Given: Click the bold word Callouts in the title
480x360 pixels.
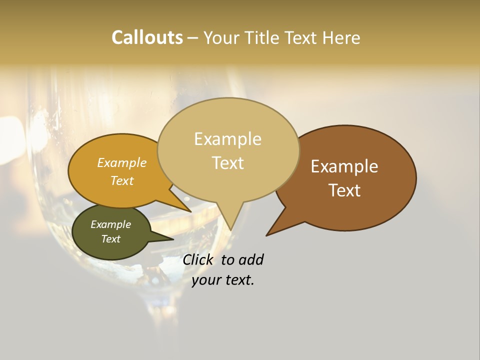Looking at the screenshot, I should [x=147, y=37].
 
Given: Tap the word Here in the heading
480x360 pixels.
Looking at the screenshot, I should [x=342, y=38].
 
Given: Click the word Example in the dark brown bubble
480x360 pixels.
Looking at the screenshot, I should [x=344, y=166].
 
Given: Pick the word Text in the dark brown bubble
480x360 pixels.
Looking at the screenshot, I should [x=345, y=190].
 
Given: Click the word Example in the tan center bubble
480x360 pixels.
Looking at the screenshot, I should [x=227, y=139].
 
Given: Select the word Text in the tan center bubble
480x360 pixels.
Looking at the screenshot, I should [x=228, y=163].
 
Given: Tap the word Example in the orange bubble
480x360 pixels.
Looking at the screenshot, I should [x=122, y=162].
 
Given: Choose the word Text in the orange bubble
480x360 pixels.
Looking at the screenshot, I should [x=122, y=180].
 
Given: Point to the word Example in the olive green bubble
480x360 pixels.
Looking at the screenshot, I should [x=110, y=224].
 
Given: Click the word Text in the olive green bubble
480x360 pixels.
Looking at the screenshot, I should [x=110, y=239].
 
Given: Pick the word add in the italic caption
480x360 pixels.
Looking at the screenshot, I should [x=251, y=259].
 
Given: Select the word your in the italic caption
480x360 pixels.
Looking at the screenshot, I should [x=205, y=280].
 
